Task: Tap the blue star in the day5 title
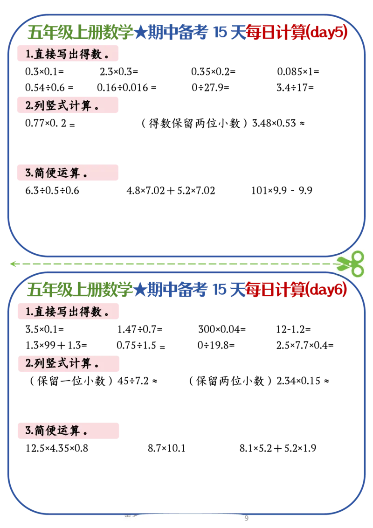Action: (140, 33)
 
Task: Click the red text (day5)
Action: (328, 33)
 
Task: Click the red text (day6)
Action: (328, 290)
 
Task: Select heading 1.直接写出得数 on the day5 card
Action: (67, 54)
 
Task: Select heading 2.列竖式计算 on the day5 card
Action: (62, 105)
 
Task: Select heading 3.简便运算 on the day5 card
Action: (56, 174)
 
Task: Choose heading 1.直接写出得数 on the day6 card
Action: (67, 312)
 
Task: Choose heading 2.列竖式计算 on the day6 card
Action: (62, 363)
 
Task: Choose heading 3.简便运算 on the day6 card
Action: (56, 431)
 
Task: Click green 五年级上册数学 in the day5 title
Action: (80, 33)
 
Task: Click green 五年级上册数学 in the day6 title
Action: (80, 290)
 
